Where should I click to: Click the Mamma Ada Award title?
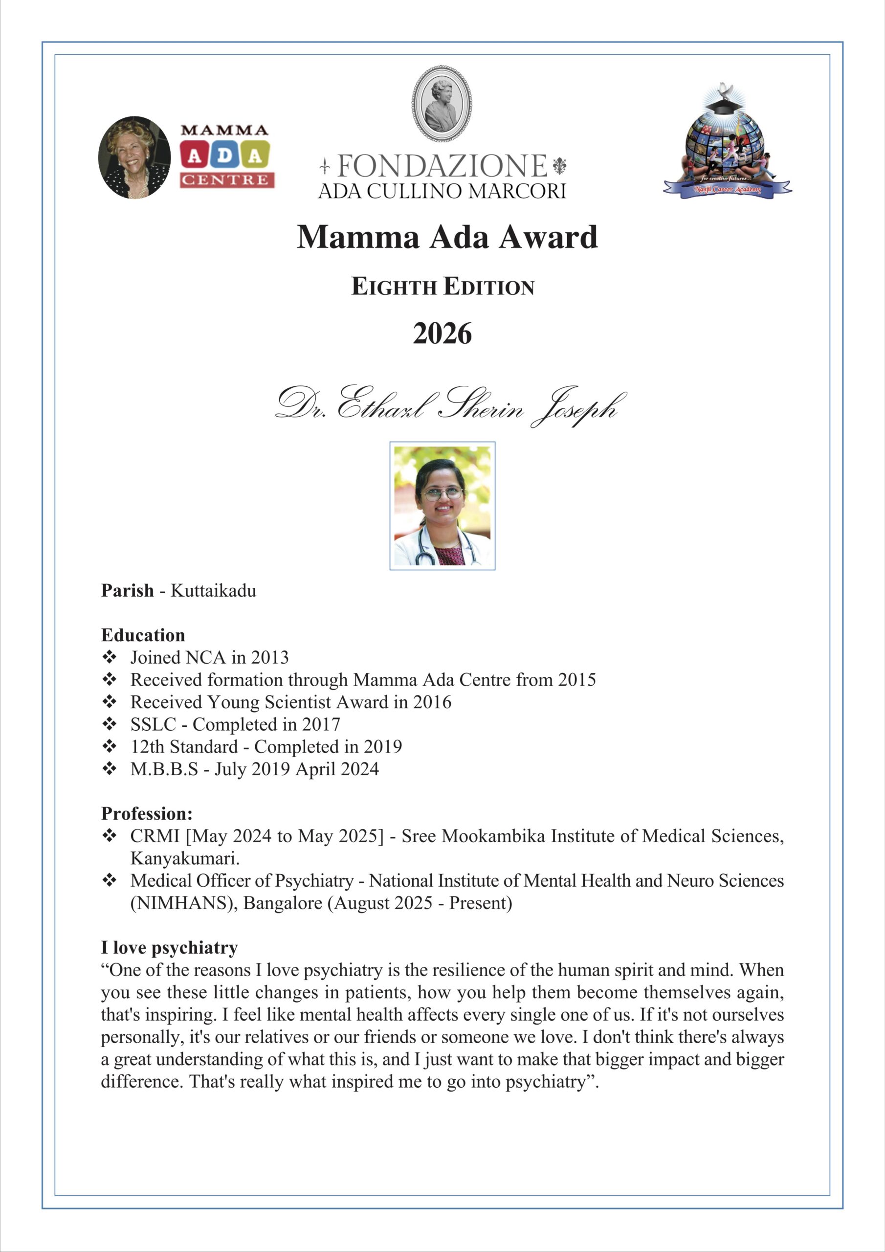point(447,237)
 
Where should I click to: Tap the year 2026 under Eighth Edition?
point(442,334)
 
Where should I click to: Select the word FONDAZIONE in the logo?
point(442,166)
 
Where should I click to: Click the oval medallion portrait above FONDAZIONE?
point(442,104)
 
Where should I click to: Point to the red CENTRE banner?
point(227,180)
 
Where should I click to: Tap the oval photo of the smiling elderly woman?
point(134,157)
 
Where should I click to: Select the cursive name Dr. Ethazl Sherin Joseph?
point(450,406)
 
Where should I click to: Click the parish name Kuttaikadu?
point(213,591)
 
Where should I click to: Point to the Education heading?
point(143,635)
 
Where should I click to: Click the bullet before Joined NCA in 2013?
point(109,657)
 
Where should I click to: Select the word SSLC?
point(153,724)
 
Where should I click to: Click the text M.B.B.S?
point(164,769)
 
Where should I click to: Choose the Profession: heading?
point(147,814)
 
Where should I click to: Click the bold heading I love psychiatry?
point(169,948)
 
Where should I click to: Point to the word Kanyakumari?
point(185,858)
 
